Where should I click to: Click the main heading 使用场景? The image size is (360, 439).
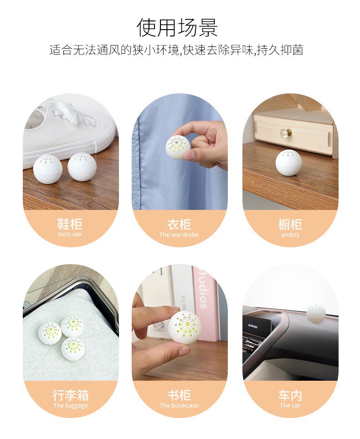point(177,27)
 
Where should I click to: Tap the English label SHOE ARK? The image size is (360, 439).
point(70,235)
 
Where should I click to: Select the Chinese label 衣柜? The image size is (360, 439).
point(179,224)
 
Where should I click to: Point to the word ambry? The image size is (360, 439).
point(290,235)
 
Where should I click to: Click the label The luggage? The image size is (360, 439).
point(71,405)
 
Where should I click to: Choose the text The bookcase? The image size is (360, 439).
point(179,405)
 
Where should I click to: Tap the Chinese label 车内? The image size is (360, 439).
point(290,395)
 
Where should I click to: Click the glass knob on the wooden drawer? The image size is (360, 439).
point(286,132)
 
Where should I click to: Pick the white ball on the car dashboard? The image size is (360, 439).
point(316,313)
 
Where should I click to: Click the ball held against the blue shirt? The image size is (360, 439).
point(178,147)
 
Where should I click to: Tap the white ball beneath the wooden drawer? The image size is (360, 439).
point(288,163)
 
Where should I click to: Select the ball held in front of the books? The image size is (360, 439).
point(185,327)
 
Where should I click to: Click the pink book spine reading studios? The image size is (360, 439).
point(205,302)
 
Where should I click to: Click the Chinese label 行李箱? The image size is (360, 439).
point(71,395)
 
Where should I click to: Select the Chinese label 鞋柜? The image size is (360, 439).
point(70,224)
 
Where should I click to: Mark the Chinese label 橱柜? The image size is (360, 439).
point(290,224)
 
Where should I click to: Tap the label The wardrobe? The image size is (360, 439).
point(179,235)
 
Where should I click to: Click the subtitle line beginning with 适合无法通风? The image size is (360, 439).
point(176,50)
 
